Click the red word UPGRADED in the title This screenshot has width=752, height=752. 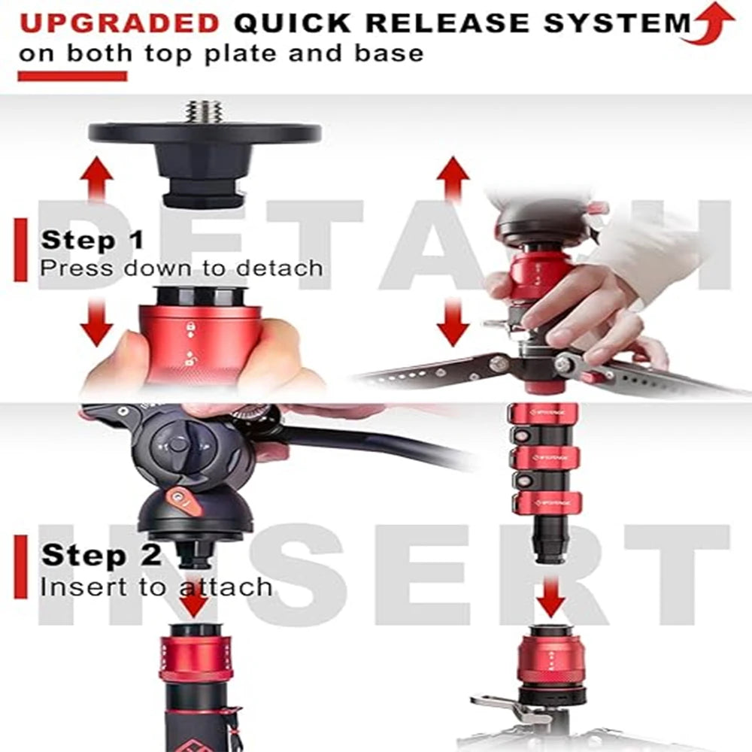click(119, 23)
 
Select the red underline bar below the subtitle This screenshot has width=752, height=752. click(72, 75)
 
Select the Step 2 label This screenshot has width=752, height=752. click(101, 556)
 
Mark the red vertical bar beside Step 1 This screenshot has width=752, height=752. click(20, 250)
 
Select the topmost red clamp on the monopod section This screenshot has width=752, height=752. click(543, 413)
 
